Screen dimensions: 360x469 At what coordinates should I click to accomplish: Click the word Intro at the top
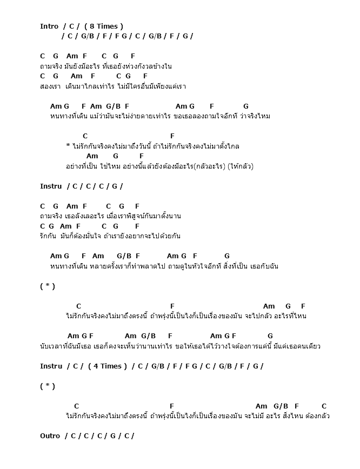(x=49, y=26)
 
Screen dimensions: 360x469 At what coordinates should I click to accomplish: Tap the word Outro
(x=50, y=435)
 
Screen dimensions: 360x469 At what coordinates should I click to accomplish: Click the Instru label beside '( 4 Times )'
(x=51, y=366)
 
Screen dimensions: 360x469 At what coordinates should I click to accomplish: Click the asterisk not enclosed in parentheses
(x=68, y=146)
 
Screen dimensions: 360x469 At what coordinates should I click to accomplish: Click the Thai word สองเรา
(x=49, y=86)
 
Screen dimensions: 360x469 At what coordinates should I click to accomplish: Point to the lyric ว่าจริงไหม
(x=255, y=116)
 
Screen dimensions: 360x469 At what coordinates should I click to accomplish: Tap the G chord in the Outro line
(x=112, y=435)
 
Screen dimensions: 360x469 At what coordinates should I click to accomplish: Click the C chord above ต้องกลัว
(x=324, y=406)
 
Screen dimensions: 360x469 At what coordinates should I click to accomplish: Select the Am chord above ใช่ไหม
(x=92, y=156)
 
